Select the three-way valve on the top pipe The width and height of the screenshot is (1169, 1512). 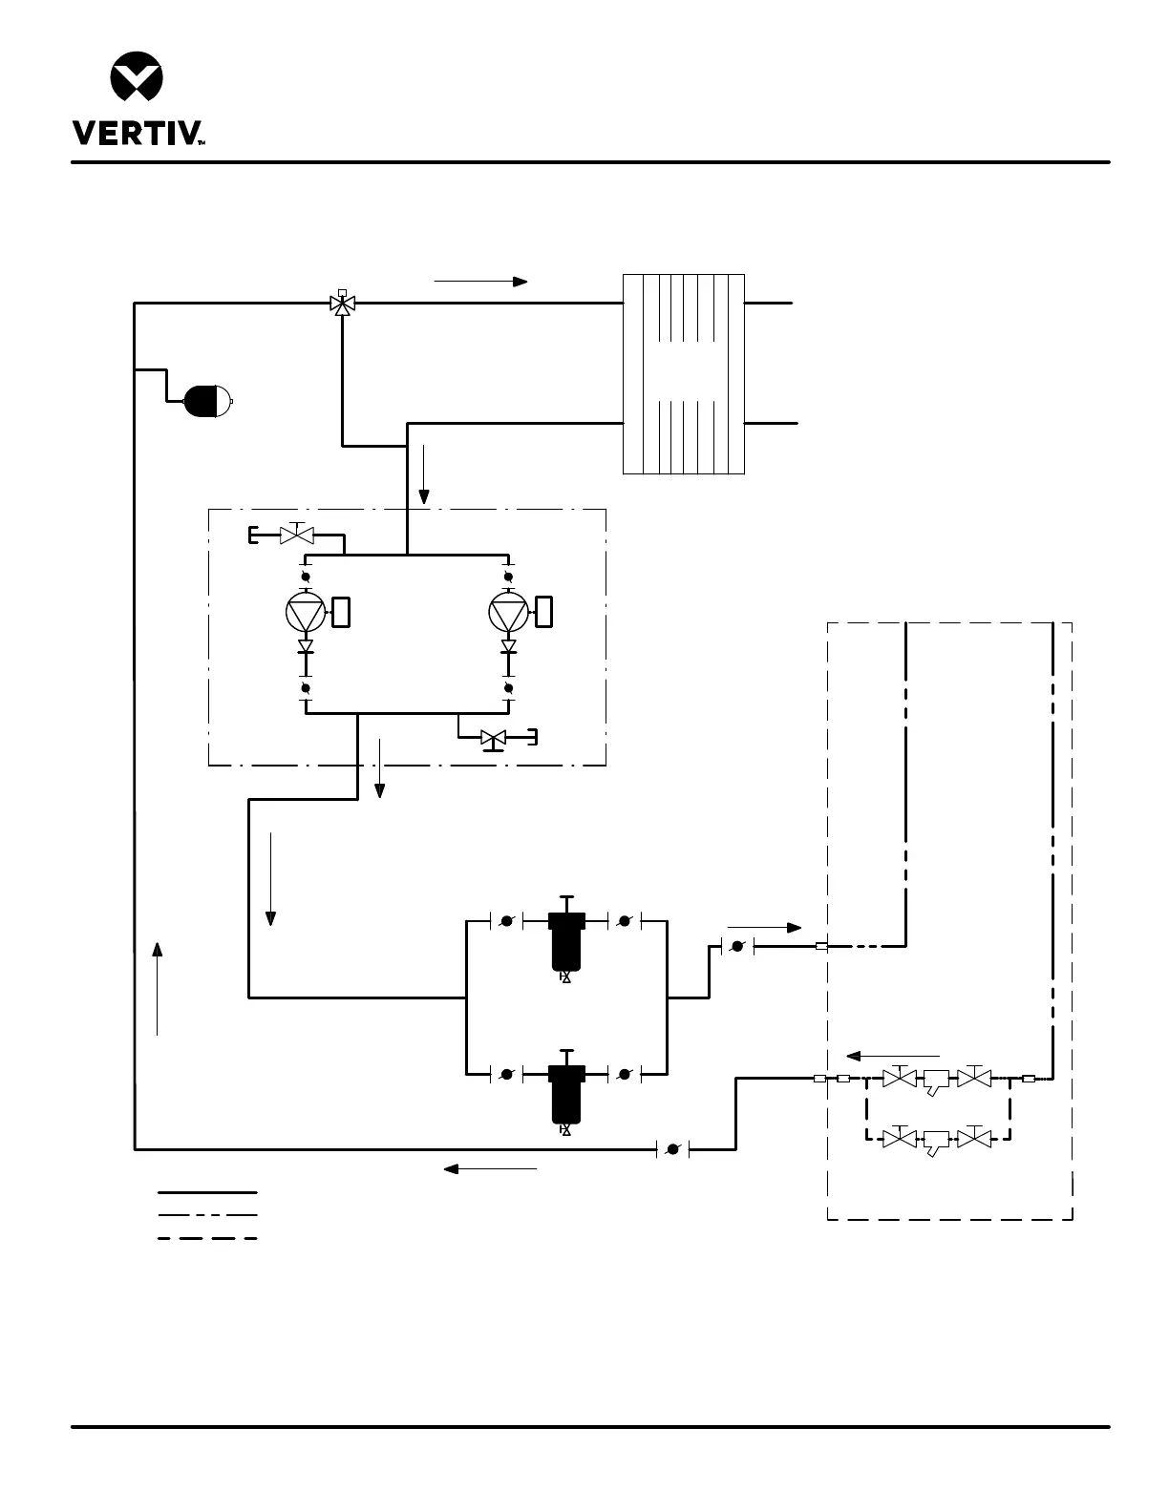[x=342, y=304]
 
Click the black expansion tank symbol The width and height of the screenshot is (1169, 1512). [x=206, y=401]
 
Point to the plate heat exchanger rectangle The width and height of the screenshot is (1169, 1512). [x=683, y=374]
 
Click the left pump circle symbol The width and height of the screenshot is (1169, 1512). [x=306, y=612]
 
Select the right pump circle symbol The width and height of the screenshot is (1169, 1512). [x=508, y=612]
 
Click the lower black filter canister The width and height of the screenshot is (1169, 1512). [x=566, y=1093]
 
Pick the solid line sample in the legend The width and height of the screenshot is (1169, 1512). [x=207, y=1192]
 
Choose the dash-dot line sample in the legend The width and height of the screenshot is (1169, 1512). [x=207, y=1215]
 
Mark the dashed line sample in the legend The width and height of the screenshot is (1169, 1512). [x=207, y=1238]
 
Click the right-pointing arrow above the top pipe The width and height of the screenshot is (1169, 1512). [x=480, y=282]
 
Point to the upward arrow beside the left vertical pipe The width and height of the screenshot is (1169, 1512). [x=158, y=987]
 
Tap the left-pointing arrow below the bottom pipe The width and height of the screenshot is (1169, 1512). [x=490, y=1167]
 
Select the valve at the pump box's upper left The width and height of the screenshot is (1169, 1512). [x=296, y=535]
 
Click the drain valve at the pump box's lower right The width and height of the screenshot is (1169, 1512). [x=494, y=738]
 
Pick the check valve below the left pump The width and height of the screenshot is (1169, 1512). [x=306, y=647]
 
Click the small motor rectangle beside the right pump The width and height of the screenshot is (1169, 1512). [x=544, y=612]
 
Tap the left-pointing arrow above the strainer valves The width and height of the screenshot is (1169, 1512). [x=893, y=1056]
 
